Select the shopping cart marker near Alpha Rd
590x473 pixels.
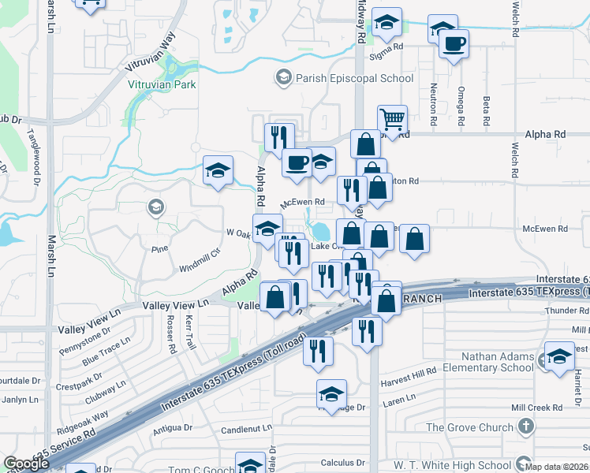coord(392,120)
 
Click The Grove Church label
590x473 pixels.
coord(469,427)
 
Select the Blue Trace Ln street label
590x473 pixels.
coord(105,352)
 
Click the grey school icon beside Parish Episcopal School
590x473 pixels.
coord(282,77)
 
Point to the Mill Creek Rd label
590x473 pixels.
coord(536,408)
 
